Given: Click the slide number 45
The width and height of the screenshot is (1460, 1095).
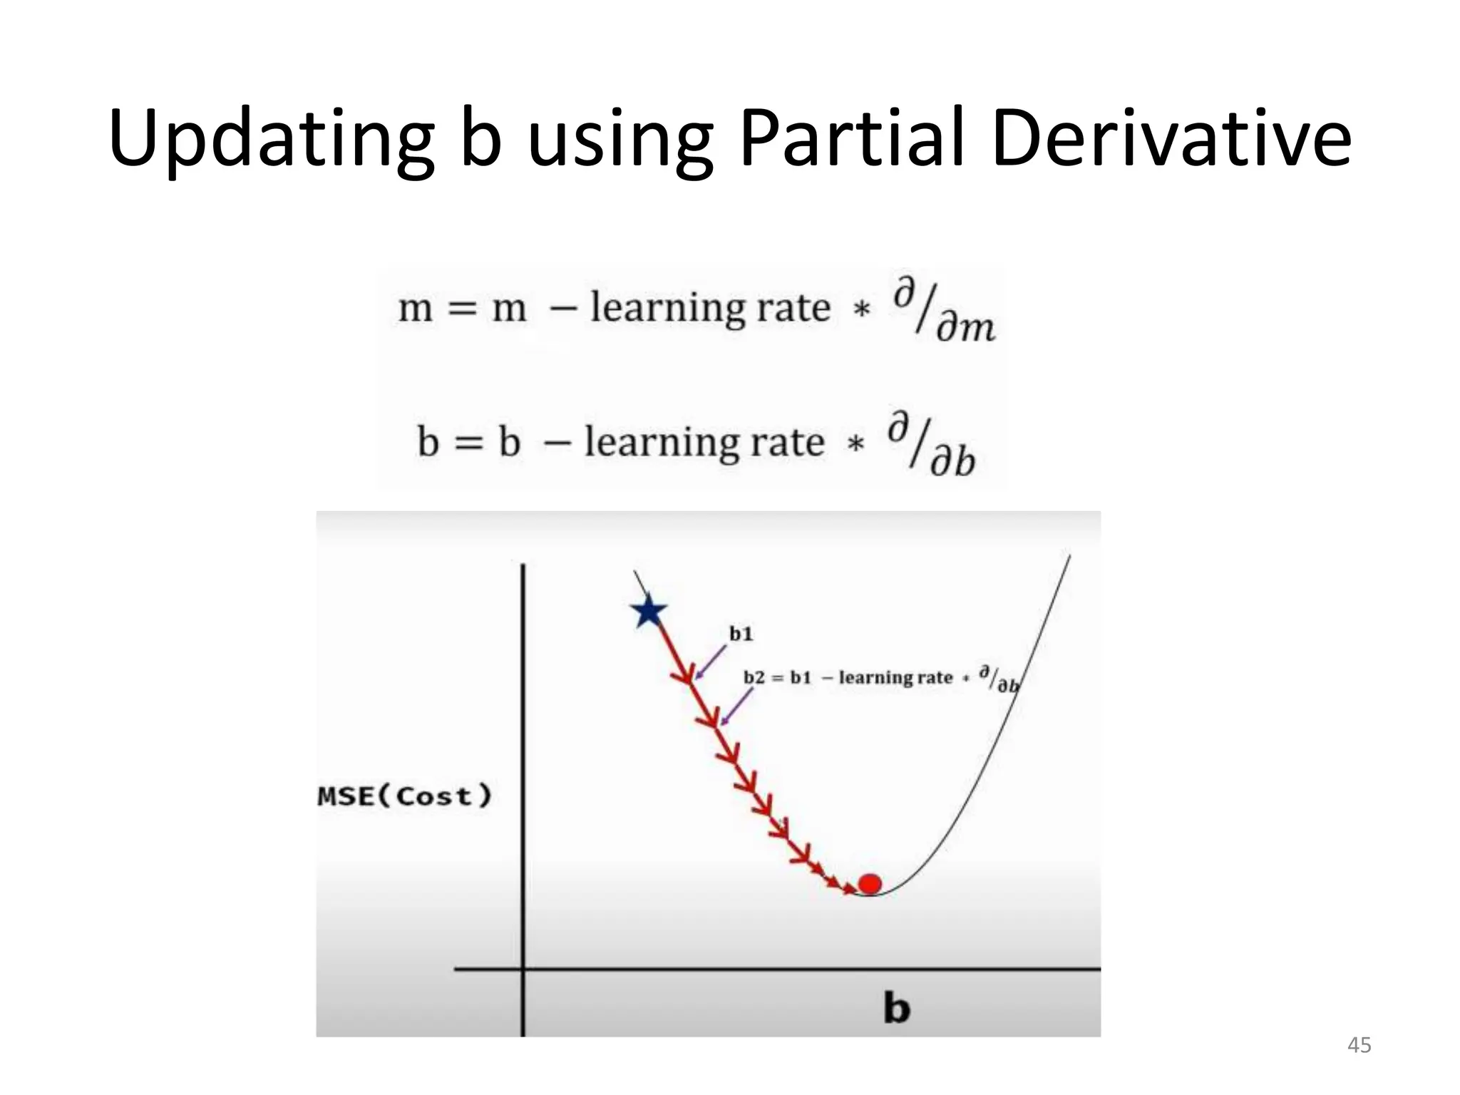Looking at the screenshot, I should [x=1359, y=1045].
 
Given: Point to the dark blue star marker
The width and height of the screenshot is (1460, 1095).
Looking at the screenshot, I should [x=648, y=612].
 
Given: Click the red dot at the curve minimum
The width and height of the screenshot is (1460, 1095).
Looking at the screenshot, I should [x=870, y=884].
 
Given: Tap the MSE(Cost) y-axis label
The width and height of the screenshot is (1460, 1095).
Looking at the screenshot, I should [x=404, y=796].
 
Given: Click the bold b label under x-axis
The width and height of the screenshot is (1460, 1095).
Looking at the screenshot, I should [x=896, y=1008].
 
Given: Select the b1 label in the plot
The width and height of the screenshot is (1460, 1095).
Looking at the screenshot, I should [x=741, y=634].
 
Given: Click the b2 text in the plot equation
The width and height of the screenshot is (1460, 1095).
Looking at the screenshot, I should [x=754, y=677].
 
